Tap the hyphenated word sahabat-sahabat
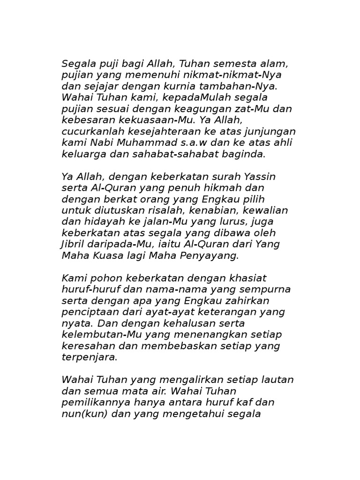176,154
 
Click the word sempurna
267,289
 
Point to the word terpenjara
89,357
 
